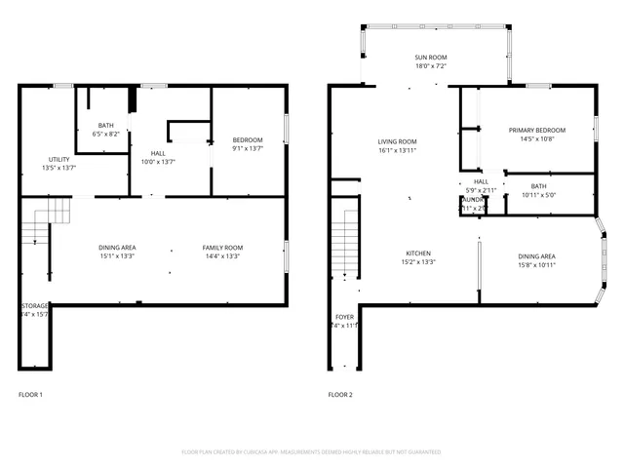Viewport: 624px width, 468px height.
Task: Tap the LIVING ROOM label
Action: click(398, 141)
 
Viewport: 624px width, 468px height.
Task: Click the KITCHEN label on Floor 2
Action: click(418, 253)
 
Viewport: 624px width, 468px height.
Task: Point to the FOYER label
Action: click(345, 317)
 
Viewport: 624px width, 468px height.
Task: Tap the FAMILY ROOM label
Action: click(222, 247)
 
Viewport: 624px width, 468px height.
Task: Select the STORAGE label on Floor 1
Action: click(35, 305)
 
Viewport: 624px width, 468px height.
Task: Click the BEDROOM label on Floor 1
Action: click(248, 139)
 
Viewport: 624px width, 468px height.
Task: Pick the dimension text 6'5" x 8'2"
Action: click(106, 134)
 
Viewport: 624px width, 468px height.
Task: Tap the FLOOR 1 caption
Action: click(30, 395)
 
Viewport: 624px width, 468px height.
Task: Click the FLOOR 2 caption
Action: click(340, 395)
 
